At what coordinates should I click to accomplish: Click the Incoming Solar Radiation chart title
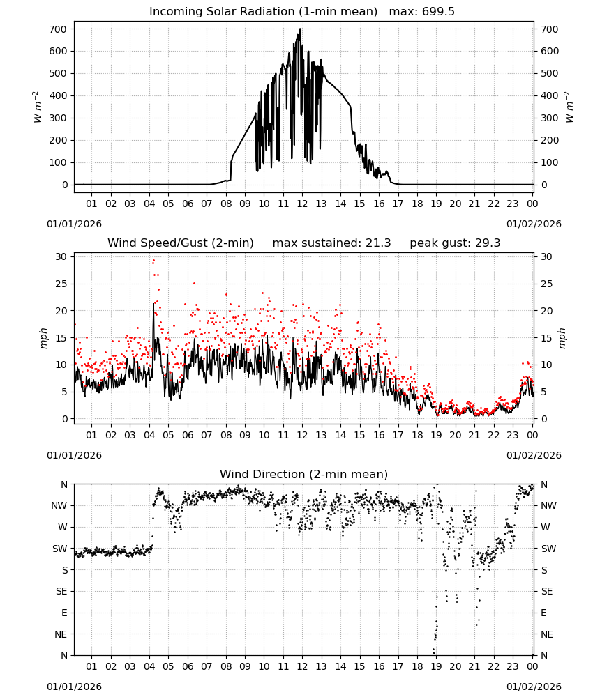coord(263,12)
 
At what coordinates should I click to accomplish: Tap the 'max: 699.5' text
coord(422,12)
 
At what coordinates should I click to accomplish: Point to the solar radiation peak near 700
coord(300,29)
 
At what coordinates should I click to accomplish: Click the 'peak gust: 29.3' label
coord(455,243)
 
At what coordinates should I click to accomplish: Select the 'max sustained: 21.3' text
coord(331,243)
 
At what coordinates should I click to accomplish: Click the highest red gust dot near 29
coord(153,261)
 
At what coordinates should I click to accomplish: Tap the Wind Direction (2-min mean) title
coord(304,474)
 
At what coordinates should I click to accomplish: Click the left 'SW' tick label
coord(60,549)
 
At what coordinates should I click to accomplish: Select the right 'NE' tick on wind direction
coord(547,634)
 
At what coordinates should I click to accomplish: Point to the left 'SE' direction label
coord(61,591)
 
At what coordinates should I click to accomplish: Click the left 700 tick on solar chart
coord(59,29)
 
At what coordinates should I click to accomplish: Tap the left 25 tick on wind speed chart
coord(61,284)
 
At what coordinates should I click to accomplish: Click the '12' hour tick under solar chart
coord(302,204)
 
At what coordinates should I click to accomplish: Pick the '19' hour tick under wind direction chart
coord(436,666)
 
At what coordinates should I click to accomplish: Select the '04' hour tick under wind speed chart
coord(149,435)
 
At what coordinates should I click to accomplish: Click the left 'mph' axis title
coord(43,338)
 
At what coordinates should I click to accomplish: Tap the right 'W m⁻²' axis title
coord(569,107)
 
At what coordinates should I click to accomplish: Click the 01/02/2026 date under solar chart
coord(534,224)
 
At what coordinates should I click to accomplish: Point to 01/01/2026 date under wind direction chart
coord(74,687)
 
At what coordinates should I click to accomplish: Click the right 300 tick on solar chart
coord(550,118)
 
